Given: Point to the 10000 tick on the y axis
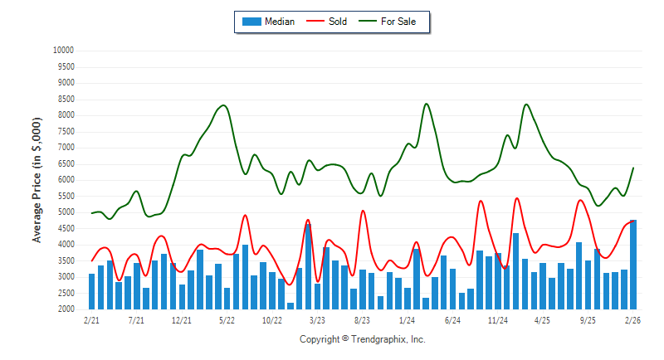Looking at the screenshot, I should [63, 51].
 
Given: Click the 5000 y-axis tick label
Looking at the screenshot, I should [66, 212].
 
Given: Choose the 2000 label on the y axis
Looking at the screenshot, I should [66, 309].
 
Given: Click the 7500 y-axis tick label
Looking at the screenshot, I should [66, 131].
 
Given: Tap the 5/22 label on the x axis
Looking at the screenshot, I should [227, 319].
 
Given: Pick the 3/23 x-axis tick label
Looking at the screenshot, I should [316, 319].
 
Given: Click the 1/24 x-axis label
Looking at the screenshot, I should [407, 319].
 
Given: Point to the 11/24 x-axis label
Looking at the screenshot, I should [497, 319].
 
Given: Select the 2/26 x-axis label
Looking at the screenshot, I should [632, 319].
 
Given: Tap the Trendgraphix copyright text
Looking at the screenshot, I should [362, 339].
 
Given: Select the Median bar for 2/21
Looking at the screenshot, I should [91, 291].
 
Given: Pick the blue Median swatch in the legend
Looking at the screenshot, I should [251, 22].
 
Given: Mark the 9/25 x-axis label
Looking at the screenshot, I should [588, 319].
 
